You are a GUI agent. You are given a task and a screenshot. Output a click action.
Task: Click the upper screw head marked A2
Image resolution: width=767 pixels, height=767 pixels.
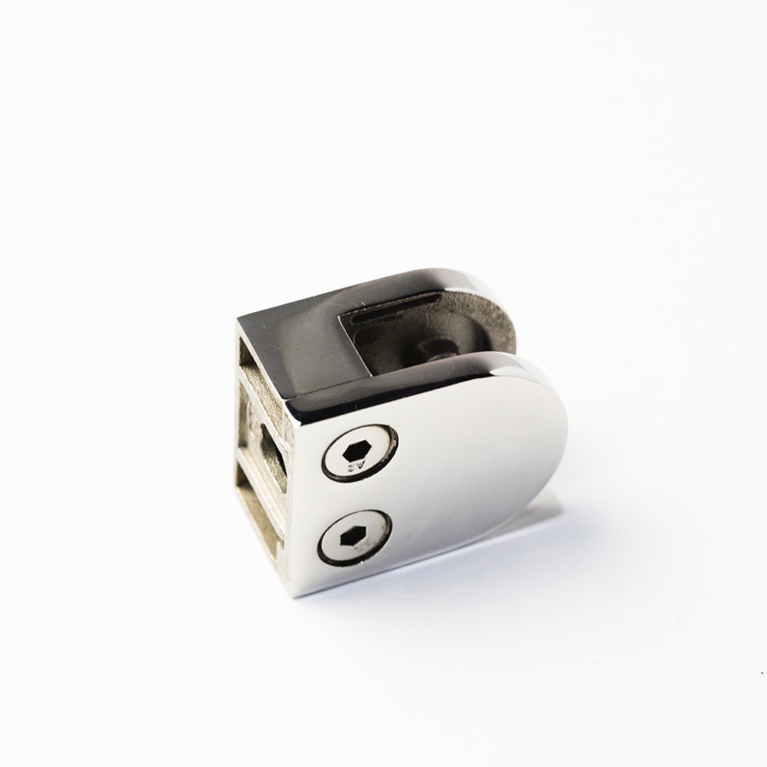(x=359, y=453)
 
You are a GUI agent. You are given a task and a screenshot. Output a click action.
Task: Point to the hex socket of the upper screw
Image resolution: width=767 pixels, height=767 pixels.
(x=357, y=451)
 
